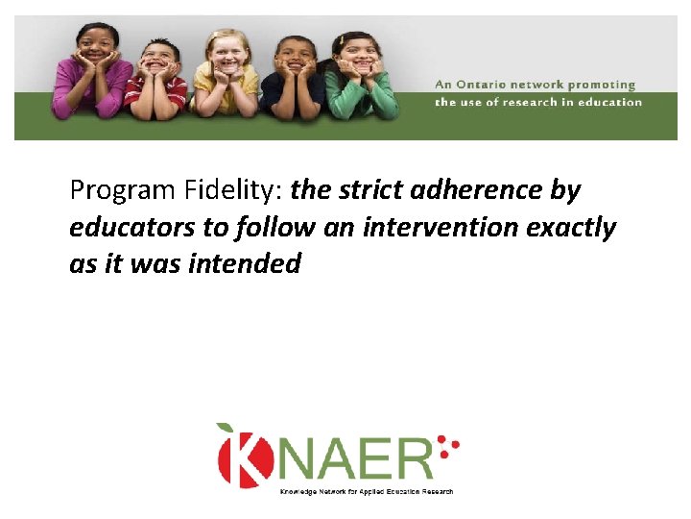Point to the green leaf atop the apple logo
click(x=226, y=429)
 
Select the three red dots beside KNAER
click(x=447, y=447)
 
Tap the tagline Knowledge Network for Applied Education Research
click(x=366, y=492)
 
